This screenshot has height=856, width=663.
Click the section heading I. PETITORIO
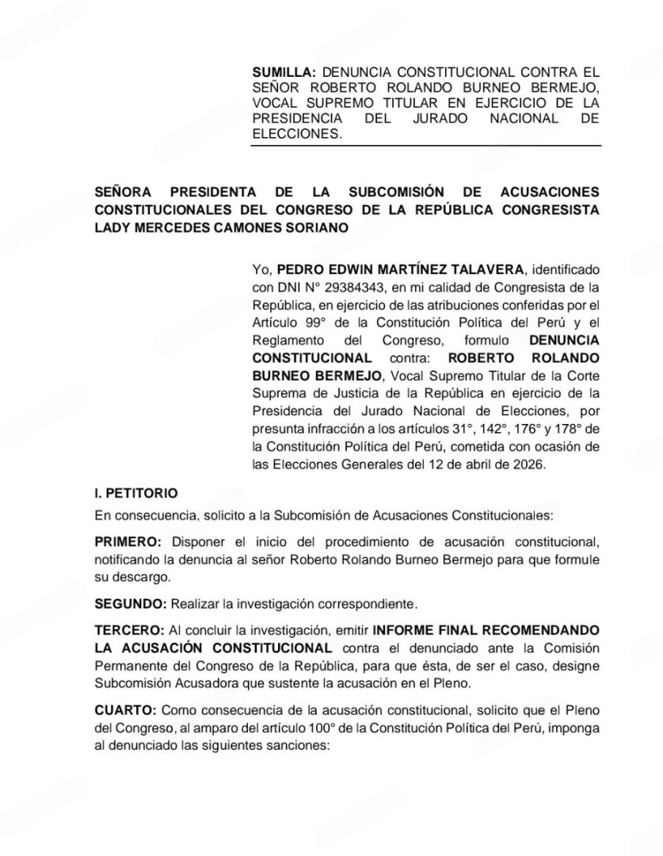click(131, 493)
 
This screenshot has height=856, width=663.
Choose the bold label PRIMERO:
click(128, 541)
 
